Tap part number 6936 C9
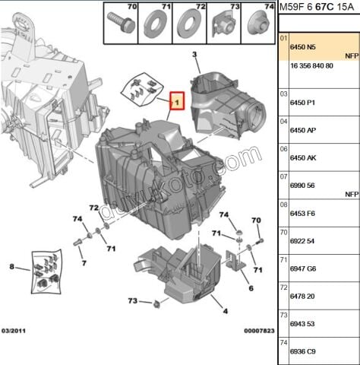click(302, 352)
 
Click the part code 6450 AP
click(301, 130)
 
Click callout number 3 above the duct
click(194, 55)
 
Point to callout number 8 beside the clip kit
click(11, 266)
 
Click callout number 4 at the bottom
click(225, 312)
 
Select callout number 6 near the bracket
click(250, 288)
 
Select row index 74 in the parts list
click(284, 342)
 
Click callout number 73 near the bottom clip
click(132, 301)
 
